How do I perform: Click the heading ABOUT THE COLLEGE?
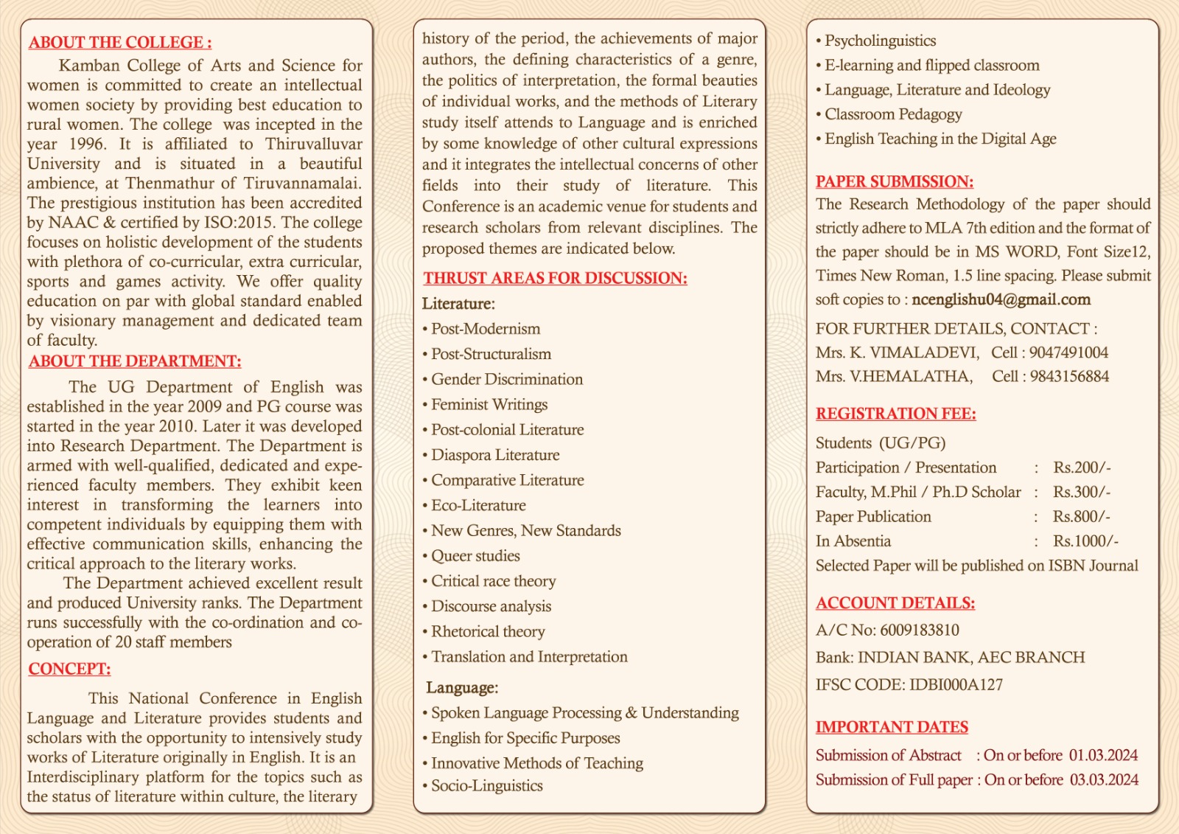(x=120, y=43)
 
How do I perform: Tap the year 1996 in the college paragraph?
(x=87, y=145)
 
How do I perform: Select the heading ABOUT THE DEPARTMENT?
(x=135, y=361)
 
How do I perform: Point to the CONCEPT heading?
(x=69, y=669)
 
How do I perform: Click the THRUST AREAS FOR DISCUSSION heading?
(x=555, y=278)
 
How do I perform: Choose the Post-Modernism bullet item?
(x=485, y=329)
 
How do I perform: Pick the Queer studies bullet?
(x=475, y=556)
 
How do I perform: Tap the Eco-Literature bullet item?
(x=478, y=506)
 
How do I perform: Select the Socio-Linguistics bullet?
(x=486, y=786)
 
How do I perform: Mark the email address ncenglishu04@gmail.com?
(x=1001, y=299)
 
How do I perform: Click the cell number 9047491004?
(x=1068, y=352)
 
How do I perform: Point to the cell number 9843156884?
(x=1069, y=376)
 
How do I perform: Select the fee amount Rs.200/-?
(x=1082, y=468)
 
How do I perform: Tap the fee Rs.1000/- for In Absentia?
(x=1085, y=541)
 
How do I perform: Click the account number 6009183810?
(x=920, y=630)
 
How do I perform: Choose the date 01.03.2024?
(x=1103, y=756)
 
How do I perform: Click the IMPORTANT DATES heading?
(x=892, y=727)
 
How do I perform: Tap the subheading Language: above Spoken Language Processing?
(x=462, y=688)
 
